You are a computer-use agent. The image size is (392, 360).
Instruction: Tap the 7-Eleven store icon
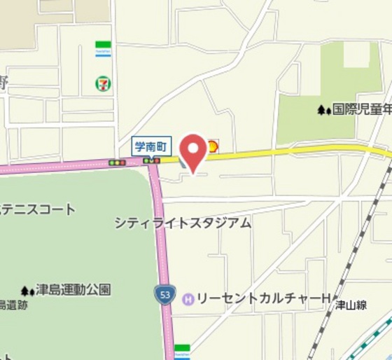pos(103,83)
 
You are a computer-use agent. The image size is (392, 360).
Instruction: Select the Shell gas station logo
pos(211,147)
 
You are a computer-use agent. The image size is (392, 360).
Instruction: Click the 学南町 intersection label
pos(152,146)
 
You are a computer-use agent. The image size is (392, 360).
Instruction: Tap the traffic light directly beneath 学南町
pos(152,161)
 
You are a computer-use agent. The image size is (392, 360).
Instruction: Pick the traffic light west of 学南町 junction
pos(117,162)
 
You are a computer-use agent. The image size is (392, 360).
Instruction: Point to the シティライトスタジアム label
pos(183,223)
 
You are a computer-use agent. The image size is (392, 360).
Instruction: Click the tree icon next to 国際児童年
pos(323,109)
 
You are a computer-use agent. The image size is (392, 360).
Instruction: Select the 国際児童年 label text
pos(362,109)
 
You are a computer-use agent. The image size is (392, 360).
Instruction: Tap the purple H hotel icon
pos(188,299)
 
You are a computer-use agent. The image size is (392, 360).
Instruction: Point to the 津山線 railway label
pos(351,305)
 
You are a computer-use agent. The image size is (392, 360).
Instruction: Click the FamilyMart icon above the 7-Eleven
pos(104,49)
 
